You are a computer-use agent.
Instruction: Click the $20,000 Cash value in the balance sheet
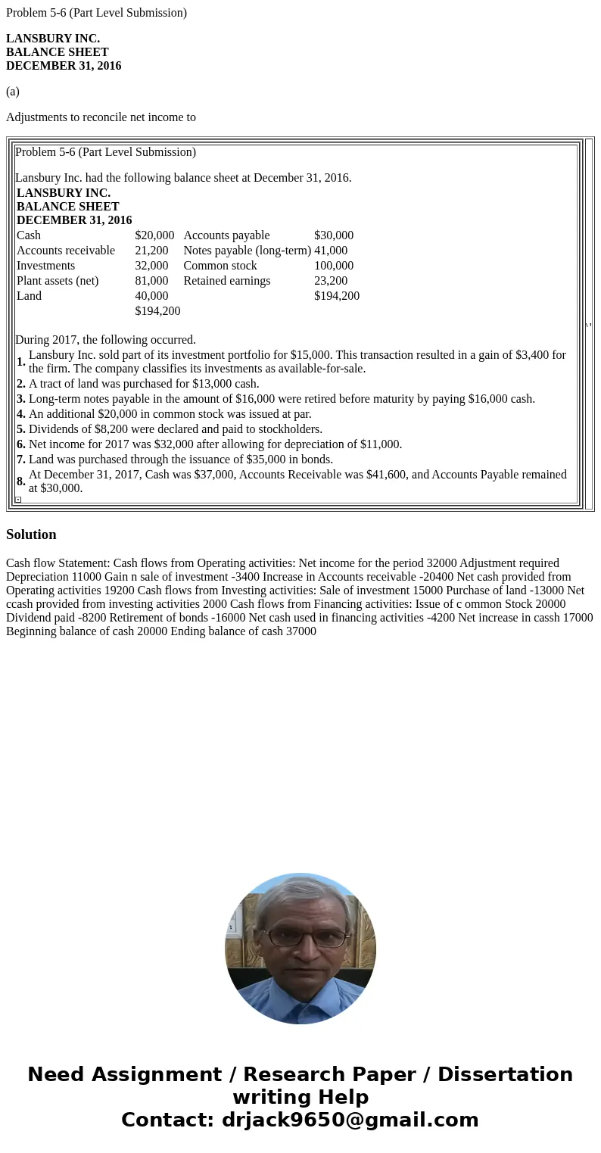click(154, 235)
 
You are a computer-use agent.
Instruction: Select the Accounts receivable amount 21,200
click(151, 251)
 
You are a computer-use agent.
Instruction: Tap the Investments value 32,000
click(151, 266)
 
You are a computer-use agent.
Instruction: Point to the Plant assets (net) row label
click(58, 281)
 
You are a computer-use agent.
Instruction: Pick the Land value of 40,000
click(151, 296)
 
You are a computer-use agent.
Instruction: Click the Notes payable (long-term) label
click(247, 251)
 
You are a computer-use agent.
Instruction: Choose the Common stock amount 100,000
click(334, 266)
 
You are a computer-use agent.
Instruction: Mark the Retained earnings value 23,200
click(331, 281)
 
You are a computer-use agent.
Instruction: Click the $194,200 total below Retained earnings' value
click(337, 296)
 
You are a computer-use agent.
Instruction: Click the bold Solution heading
click(31, 534)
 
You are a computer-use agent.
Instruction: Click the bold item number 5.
click(21, 429)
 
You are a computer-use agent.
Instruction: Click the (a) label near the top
click(13, 92)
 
